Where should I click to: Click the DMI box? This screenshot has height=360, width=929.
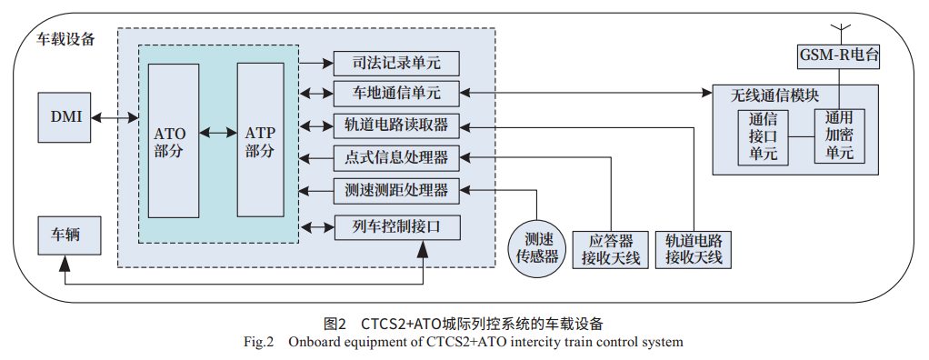tap(65, 116)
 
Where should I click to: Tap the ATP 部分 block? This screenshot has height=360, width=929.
tap(260, 139)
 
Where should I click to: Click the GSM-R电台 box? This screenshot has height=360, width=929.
tap(839, 56)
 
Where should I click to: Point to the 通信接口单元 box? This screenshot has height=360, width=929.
tap(763, 136)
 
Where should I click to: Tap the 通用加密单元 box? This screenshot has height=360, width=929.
tap(839, 136)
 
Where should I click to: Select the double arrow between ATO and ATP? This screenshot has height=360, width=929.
tap(217, 133)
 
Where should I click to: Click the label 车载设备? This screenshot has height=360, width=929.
tap(65, 39)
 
